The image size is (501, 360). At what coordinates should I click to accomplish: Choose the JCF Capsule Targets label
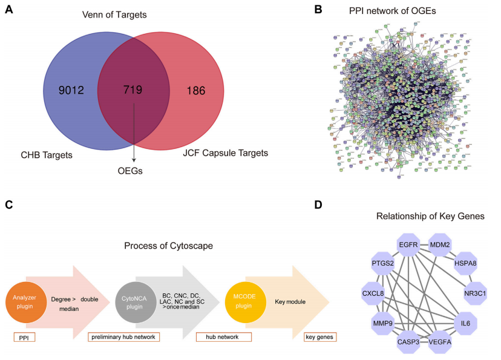tap(225, 153)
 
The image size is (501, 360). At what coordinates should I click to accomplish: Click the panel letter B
tap(318, 11)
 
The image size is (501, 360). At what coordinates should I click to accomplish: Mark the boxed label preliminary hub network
tap(123, 337)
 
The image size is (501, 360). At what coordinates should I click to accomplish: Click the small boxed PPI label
tap(24, 337)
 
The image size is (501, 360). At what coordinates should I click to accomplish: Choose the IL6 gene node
tap(465, 322)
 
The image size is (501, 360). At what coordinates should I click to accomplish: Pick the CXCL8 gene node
tap(375, 293)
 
